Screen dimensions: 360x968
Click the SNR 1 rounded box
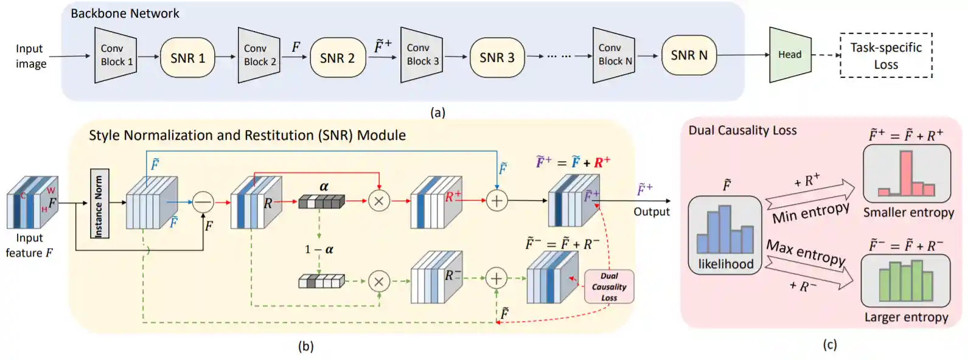click(187, 58)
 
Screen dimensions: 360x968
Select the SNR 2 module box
click(337, 58)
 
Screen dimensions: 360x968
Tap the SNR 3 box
click(496, 58)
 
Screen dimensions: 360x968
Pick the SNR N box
click(689, 55)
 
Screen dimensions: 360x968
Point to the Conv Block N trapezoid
click(614, 55)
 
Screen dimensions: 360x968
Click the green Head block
click(790, 55)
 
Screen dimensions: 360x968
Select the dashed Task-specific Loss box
click(886, 55)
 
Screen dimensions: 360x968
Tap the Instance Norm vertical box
click(99, 203)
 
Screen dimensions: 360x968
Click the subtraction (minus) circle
click(203, 201)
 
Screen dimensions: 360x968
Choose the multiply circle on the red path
click(379, 201)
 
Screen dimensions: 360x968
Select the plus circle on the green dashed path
click(496, 279)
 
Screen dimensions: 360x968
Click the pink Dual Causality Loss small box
click(609, 286)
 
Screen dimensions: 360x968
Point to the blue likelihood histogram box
click(725, 235)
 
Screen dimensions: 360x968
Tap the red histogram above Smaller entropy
click(907, 174)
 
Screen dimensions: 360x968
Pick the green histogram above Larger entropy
click(905, 281)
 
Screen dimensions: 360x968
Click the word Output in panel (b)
click(651, 212)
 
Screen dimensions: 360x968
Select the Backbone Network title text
click(125, 13)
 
